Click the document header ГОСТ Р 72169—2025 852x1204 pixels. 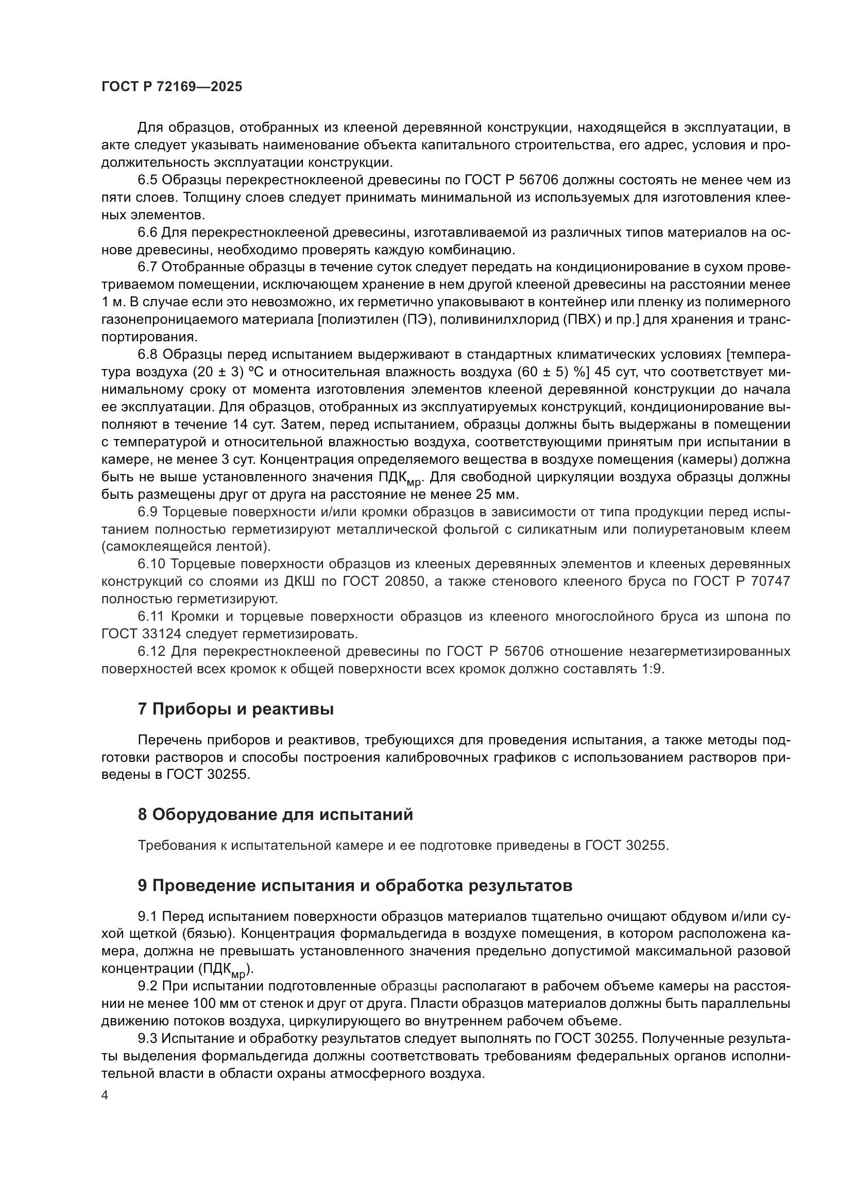pos(172,87)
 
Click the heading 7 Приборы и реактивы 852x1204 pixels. pos(235,709)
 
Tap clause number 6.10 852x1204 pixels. pos(151,564)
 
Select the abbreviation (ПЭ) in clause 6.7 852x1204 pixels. pos(419,320)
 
